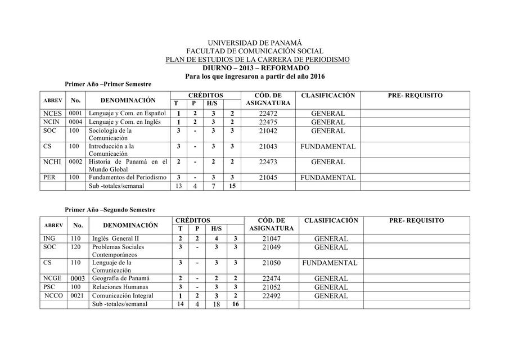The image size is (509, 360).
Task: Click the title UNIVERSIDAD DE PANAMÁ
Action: click(x=255, y=43)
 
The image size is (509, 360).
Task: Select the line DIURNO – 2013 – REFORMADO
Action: click(x=255, y=67)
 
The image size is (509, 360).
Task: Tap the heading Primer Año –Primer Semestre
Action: click(x=108, y=84)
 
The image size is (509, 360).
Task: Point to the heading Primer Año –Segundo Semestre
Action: click(x=110, y=209)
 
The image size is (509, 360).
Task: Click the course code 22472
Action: click(x=268, y=114)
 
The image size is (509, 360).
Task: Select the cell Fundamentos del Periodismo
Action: click(x=128, y=177)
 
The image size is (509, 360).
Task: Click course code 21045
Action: click(x=268, y=177)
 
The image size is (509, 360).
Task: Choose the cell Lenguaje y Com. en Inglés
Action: click(x=125, y=122)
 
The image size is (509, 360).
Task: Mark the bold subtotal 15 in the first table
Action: click(x=232, y=186)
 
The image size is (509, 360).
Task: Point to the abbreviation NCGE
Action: click(x=53, y=278)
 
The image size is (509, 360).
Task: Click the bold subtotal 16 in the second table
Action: click(x=235, y=304)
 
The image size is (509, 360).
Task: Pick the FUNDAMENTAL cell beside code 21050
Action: click(x=330, y=263)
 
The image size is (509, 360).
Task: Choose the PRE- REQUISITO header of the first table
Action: click(x=415, y=96)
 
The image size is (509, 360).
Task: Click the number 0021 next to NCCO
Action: click(x=78, y=296)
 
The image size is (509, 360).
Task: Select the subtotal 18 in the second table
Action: click(x=216, y=304)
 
